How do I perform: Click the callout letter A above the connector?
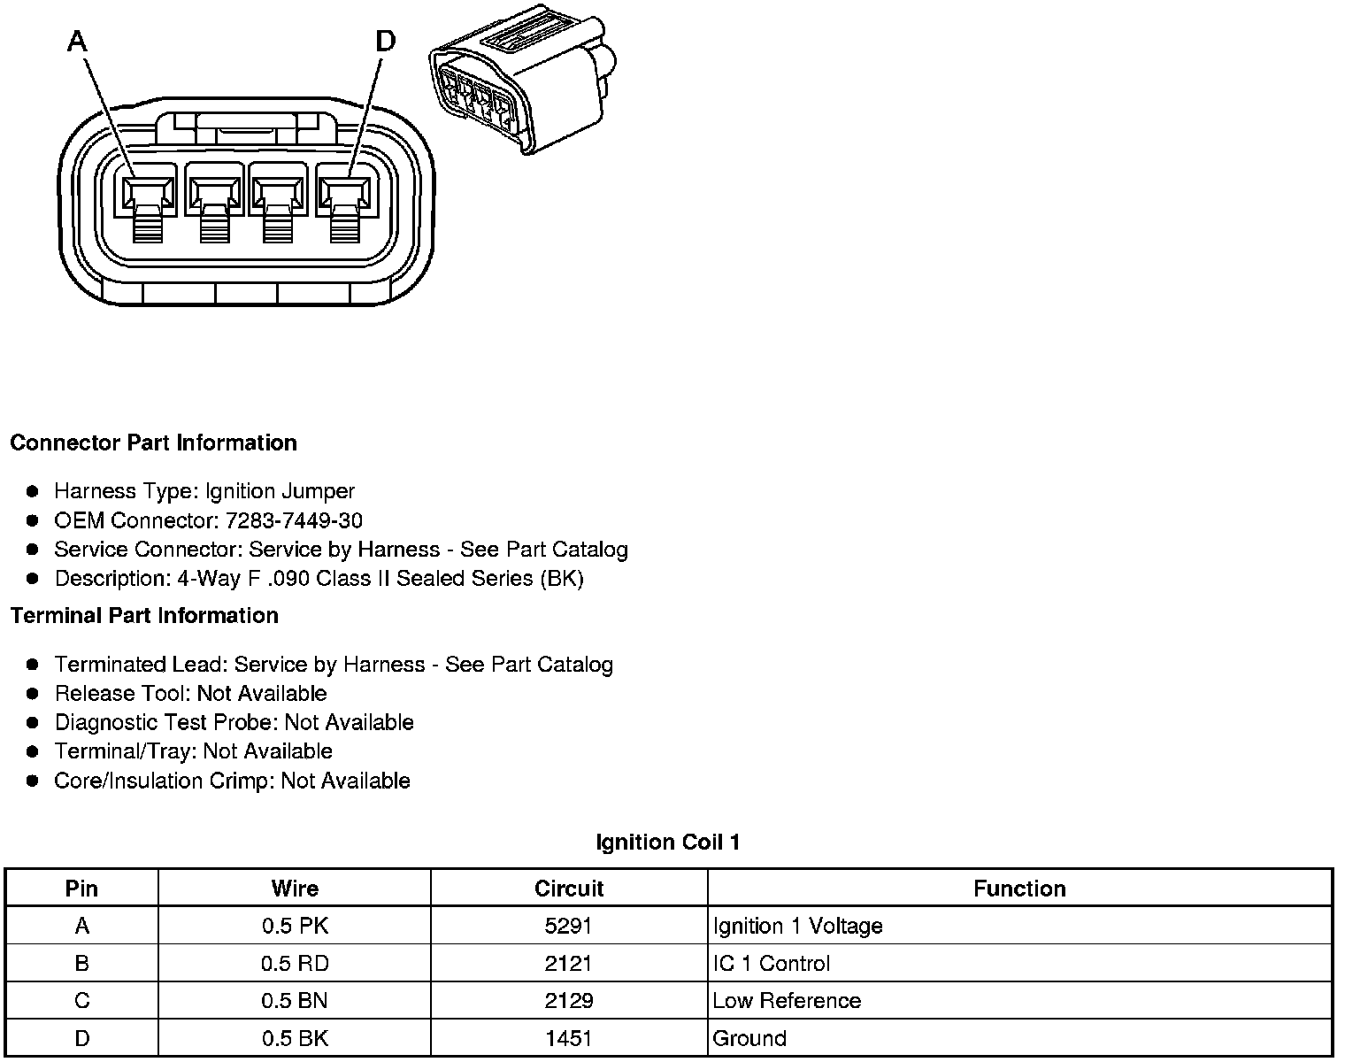pos(78,41)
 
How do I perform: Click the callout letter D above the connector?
pos(386,41)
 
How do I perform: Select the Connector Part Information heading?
pos(153,442)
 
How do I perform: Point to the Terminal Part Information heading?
pos(144,615)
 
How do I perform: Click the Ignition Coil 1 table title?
pos(668,842)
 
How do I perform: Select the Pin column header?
pos(81,889)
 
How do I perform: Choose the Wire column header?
pos(295,889)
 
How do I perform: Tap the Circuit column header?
pos(569,889)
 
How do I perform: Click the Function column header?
pos(1019,889)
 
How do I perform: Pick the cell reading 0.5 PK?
pos(295,926)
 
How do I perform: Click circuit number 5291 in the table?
pos(569,926)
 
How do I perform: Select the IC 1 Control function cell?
pos(772,963)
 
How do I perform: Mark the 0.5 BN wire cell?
pos(295,1000)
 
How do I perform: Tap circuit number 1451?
pos(569,1037)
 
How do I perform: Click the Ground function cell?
pos(749,1037)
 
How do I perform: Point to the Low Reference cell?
pos(787,1000)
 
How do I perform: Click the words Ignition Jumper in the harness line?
pos(280,491)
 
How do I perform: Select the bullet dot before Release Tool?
pos(33,693)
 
